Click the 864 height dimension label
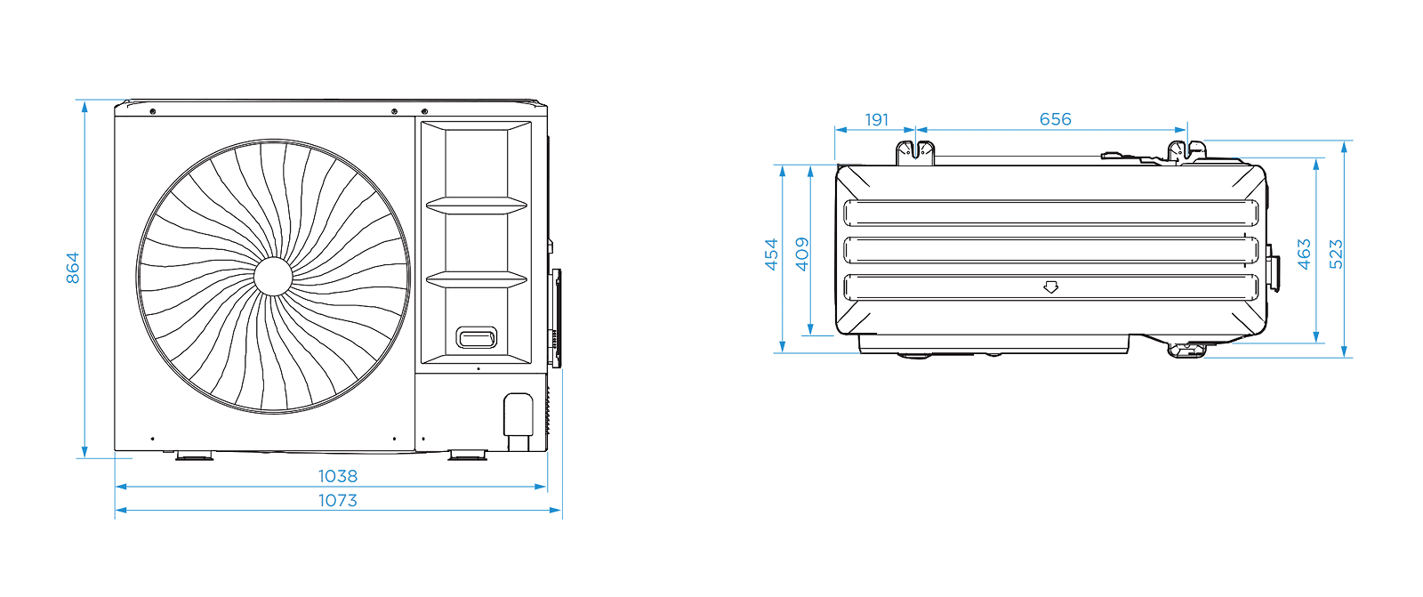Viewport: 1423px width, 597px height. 73,268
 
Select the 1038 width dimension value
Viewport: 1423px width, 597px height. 337,476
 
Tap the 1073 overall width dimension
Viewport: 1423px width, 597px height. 337,500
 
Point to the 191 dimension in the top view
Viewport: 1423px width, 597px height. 877,119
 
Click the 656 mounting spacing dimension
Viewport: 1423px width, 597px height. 1055,119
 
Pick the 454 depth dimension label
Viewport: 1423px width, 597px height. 771,254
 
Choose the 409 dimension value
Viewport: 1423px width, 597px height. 802,254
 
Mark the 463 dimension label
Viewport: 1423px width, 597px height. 1304,254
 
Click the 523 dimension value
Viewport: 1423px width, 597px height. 1336,254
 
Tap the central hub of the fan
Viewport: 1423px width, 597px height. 273,277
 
